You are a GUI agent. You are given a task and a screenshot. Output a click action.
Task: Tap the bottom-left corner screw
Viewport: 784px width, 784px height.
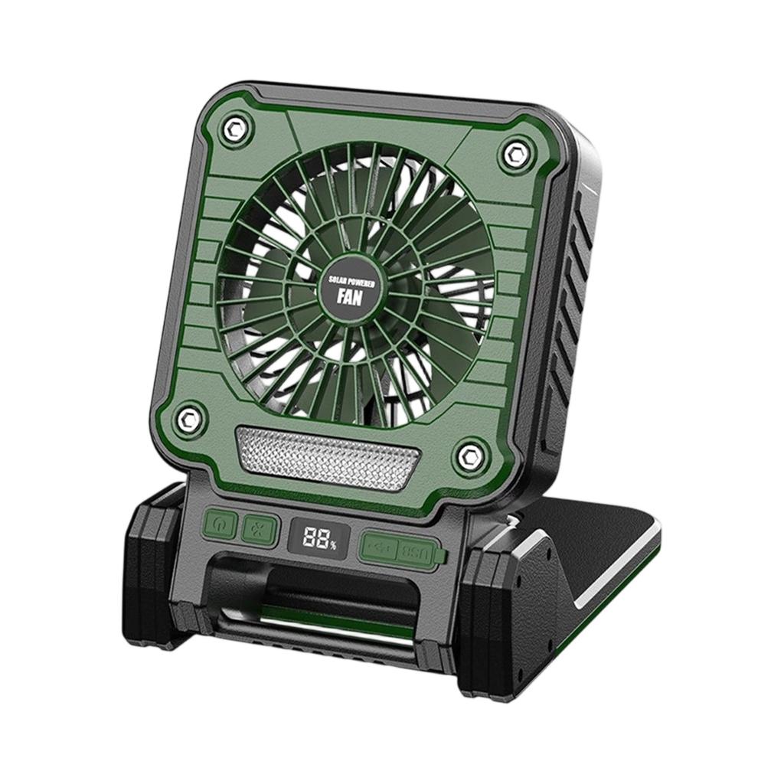(189, 417)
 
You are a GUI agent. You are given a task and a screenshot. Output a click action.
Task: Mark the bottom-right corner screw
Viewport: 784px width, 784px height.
(468, 457)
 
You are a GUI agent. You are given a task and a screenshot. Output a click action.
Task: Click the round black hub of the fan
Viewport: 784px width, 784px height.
(351, 288)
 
